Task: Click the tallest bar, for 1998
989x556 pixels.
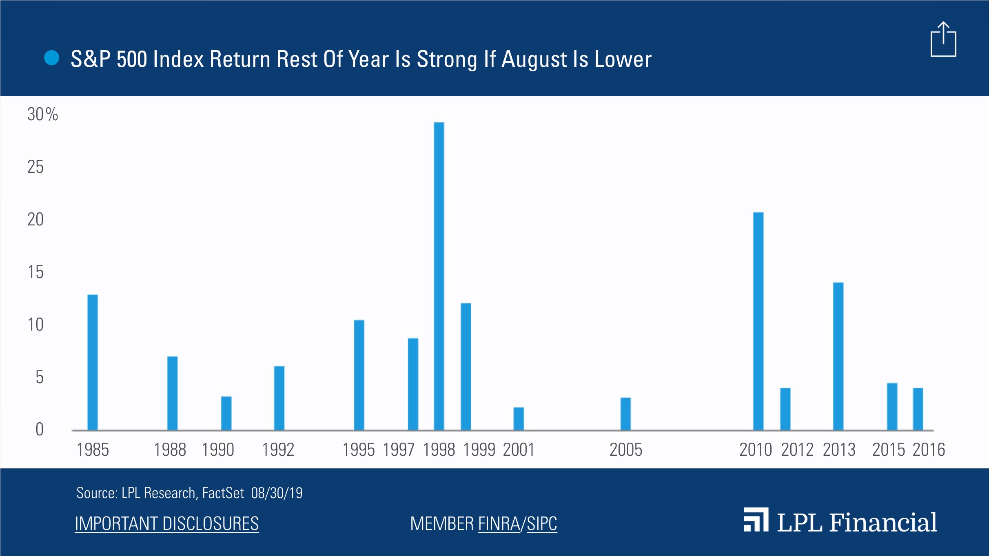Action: point(439,276)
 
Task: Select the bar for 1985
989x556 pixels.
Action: point(93,362)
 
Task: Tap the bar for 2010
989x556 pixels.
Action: point(758,321)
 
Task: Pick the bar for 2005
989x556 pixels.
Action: point(625,414)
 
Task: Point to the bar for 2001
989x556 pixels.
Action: point(519,419)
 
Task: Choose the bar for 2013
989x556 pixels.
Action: point(838,356)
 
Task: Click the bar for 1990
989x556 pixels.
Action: point(226,413)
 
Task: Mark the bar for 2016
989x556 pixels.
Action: point(918,409)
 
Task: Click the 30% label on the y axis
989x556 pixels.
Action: point(42,114)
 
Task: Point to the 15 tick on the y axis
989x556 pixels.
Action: point(35,272)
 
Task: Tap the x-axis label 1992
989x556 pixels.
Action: point(278,450)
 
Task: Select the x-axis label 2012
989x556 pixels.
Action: point(797,450)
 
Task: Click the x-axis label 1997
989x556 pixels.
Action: point(399,450)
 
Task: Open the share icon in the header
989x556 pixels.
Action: point(943,39)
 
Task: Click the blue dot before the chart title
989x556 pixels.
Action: point(52,58)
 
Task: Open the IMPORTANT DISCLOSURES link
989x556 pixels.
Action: point(166,523)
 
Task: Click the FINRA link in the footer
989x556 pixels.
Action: point(499,523)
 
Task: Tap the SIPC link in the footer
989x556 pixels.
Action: point(542,523)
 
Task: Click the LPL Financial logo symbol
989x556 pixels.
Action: point(756,519)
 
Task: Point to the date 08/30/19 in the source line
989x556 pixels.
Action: point(277,493)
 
